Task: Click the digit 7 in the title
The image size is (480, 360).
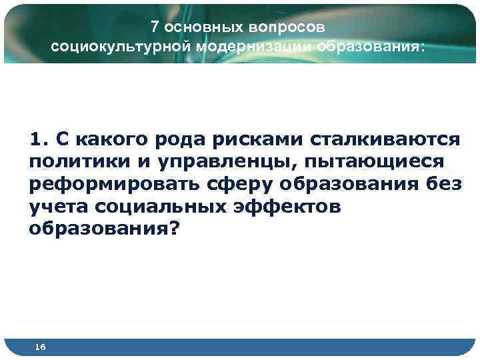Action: (x=154, y=27)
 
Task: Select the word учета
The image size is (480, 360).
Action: (x=57, y=207)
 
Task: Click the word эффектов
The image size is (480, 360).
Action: (x=288, y=207)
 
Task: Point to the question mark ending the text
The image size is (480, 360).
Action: (x=175, y=229)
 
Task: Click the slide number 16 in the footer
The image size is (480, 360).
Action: (x=40, y=347)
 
